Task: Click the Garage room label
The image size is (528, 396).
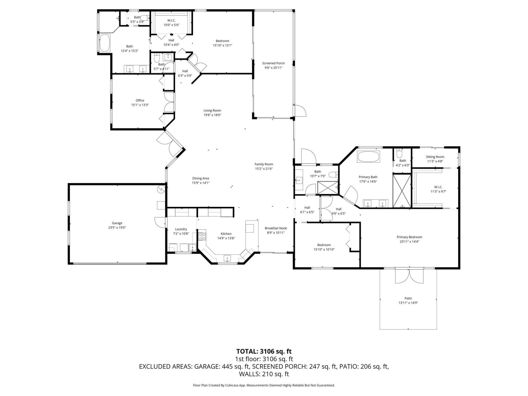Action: [117, 223]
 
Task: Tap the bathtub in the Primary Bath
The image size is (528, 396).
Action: [368, 156]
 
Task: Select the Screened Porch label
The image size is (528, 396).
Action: [273, 63]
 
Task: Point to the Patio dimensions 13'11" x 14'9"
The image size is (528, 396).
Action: [408, 303]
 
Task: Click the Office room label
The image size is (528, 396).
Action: [140, 100]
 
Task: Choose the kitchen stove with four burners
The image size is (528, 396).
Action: [202, 236]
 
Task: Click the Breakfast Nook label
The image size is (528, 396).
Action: [276, 228]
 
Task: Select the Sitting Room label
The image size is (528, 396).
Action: [435, 157]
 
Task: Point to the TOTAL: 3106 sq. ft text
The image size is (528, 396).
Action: [264, 351]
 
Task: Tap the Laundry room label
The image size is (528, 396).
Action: [181, 229]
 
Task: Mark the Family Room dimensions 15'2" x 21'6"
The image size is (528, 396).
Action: [263, 169]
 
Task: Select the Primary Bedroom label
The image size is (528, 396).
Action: [409, 237]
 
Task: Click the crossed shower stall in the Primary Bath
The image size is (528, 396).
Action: [402, 191]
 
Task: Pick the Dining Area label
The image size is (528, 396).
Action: [200, 178]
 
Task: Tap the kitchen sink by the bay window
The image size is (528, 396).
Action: [227, 258]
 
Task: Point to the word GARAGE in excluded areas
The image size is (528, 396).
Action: [206, 367]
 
